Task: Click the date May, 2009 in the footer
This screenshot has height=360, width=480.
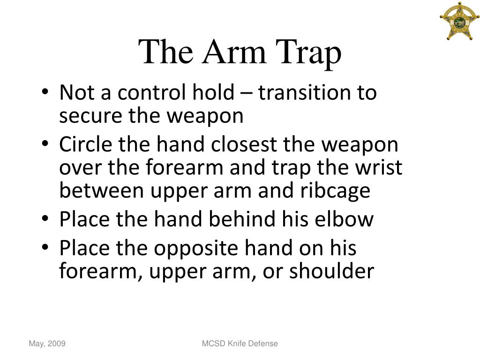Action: click(47, 344)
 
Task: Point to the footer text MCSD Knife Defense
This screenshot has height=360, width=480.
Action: click(240, 344)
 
